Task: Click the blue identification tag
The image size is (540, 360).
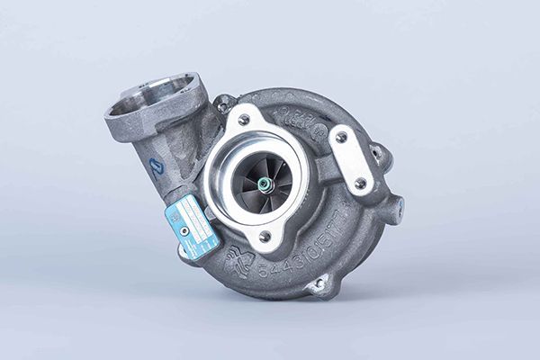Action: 192,226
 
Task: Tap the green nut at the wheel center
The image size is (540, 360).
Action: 264,184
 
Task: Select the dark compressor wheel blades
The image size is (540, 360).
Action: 252,180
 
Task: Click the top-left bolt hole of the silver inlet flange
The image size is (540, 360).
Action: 243,120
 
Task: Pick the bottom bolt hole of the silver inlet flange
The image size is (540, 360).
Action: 265,237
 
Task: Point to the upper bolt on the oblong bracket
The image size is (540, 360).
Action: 341,138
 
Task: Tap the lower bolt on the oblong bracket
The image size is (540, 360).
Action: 360,183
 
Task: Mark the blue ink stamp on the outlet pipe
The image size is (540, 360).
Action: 155,168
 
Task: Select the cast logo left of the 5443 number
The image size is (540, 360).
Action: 238,260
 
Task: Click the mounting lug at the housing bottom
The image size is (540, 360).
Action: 317,285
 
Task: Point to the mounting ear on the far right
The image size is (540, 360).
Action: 393,210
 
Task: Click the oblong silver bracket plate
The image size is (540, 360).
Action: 352,160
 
